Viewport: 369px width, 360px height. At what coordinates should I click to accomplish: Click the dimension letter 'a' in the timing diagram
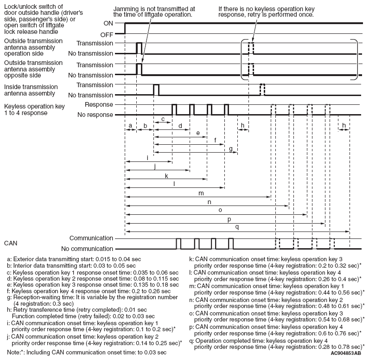(x=130, y=126)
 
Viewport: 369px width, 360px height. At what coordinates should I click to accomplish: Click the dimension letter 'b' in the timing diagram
(x=145, y=126)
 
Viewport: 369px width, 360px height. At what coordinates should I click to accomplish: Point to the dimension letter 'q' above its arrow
(x=238, y=227)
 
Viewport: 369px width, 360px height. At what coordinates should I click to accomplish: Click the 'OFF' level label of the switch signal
(x=106, y=34)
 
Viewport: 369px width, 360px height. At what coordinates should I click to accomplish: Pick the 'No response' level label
(x=95, y=114)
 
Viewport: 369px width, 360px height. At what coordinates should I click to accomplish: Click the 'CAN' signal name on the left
(x=11, y=243)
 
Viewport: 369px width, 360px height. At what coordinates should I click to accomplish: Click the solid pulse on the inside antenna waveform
(x=156, y=90)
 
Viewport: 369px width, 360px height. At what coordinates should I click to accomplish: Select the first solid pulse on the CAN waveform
(x=179, y=244)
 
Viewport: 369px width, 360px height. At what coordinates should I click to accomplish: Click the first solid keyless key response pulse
(x=174, y=109)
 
